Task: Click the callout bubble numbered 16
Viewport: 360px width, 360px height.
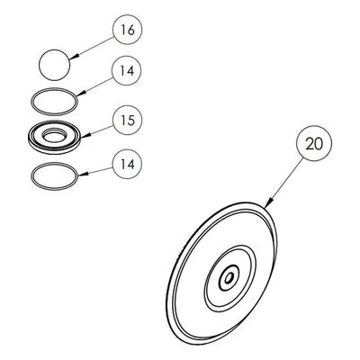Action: [x=127, y=30]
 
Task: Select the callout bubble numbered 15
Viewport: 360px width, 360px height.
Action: [x=127, y=121]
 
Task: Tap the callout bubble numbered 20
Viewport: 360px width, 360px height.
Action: [x=314, y=143]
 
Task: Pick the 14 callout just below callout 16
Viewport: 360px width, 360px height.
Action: [x=126, y=71]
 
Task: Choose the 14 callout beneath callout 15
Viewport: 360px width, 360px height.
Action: [x=127, y=165]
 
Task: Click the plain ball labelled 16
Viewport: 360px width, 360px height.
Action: [x=55, y=65]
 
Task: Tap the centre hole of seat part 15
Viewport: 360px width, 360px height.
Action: [x=54, y=137]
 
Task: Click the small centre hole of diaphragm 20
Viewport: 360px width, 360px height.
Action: [x=229, y=278]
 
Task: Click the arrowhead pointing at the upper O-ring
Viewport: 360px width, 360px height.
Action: [x=81, y=93]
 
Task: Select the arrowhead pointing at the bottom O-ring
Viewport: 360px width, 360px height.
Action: [x=83, y=174]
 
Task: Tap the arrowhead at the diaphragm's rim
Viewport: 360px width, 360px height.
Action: [x=269, y=203]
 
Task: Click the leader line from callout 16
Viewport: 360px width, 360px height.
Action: [x=92, y=47]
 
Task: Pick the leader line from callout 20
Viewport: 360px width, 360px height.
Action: [x=284, y=184]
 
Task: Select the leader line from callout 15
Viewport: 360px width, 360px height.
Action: [x=97, y=132]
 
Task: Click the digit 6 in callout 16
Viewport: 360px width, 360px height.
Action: [x=130, y=30]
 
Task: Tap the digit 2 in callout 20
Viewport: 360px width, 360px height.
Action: [x=310, y=144]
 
